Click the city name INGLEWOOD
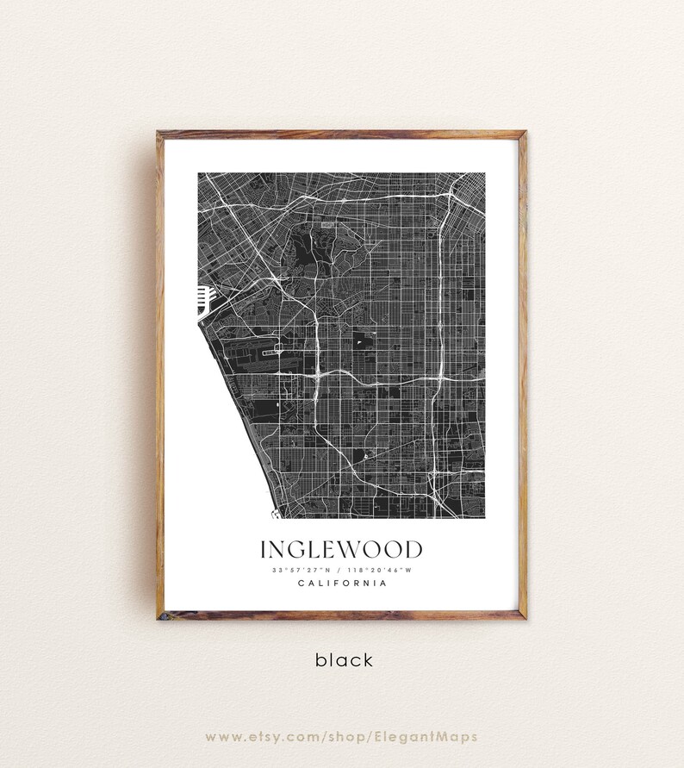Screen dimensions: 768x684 pyautogui.click(x=341, y=550)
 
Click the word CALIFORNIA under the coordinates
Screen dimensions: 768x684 pyautogui.click(x=341, y=584)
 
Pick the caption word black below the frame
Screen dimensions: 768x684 pyautogui.click(x=344, y=660)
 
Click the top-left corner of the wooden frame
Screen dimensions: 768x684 pyautogui.click(x=159, y=134)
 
